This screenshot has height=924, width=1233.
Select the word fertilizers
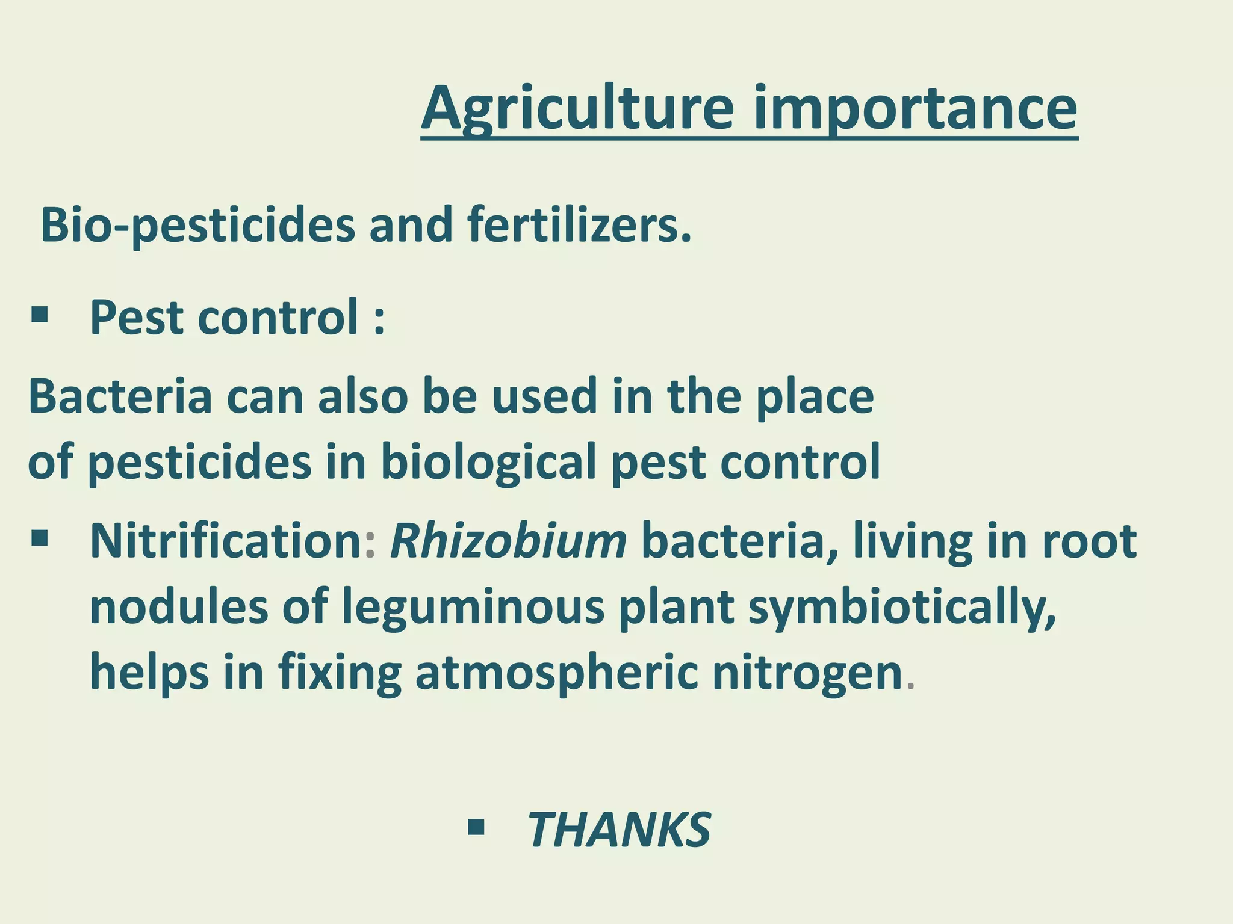579,225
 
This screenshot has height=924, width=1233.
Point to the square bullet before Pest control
40,315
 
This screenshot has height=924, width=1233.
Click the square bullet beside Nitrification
40,537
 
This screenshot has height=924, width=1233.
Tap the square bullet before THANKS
476,828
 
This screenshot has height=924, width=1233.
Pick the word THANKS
619,830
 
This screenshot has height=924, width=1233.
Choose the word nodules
179,606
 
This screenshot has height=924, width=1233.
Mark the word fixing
340,673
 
